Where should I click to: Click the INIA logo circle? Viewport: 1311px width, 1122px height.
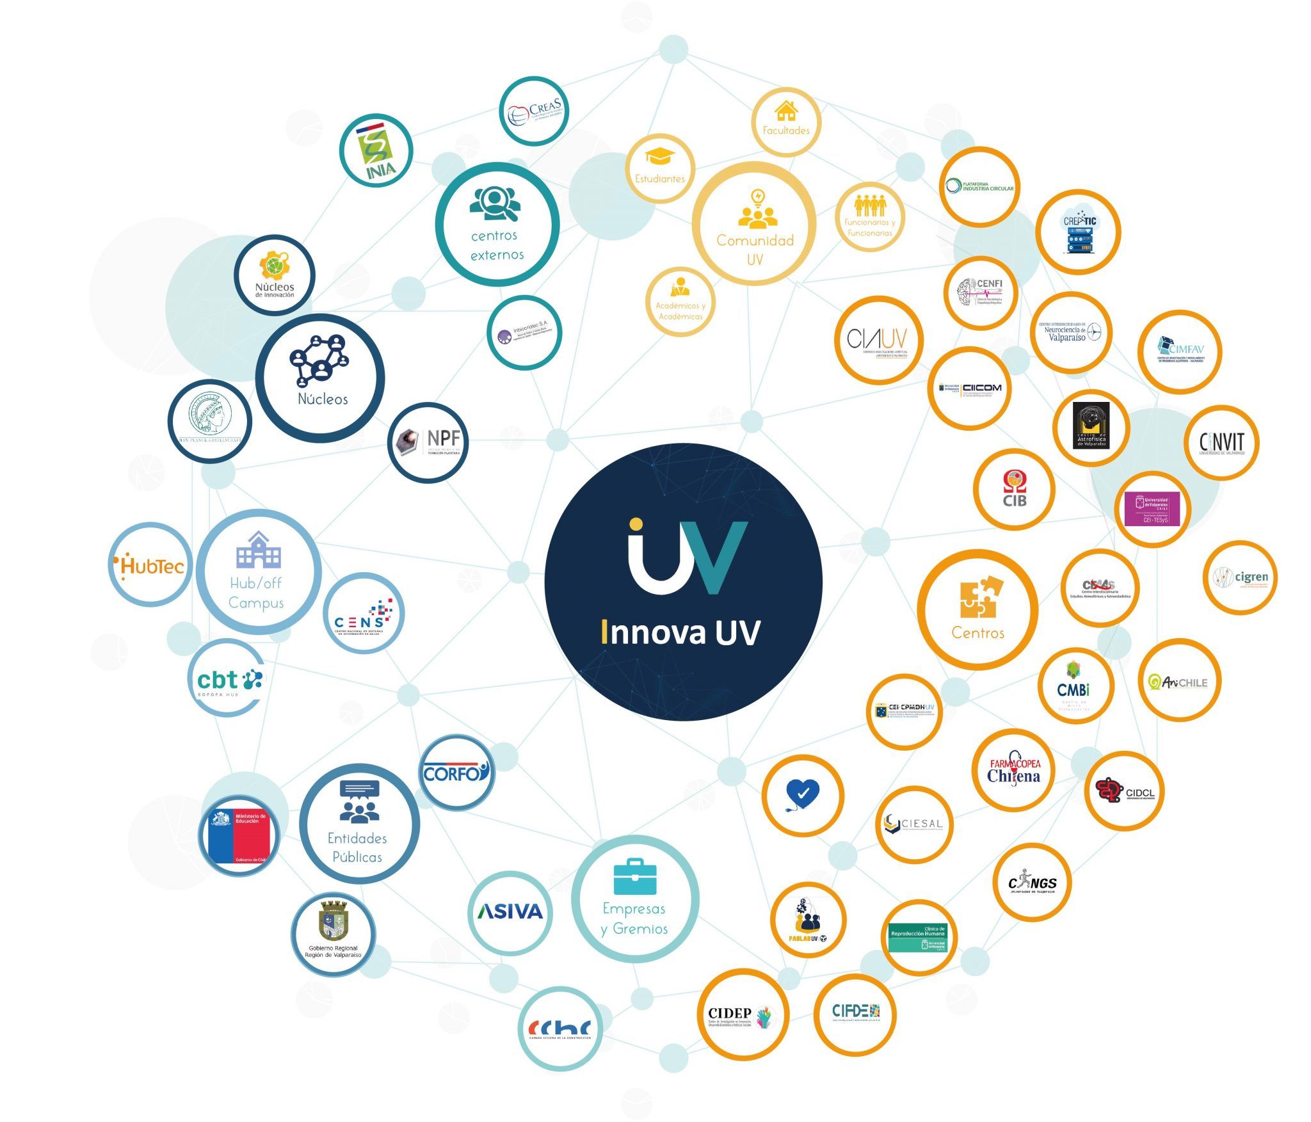pyautogui.click(x=375, y=151)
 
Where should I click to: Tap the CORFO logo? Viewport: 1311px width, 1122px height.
pyautogui.click(x=456, y=773)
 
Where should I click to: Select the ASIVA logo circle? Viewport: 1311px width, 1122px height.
pyautogui.click(x=510, y=911)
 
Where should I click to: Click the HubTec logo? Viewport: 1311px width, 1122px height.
pyautogui.click(x=151, y=565)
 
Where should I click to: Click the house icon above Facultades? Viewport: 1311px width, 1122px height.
pyautogui.click(x=785, y=111)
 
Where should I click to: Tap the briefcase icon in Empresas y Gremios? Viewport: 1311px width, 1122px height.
pyautogui.click(x=634, y=877)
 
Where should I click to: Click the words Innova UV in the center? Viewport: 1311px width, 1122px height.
pyautogui.click(x=681, y=632)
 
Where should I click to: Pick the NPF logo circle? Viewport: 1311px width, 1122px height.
pyautogui.click(x=428, y=442)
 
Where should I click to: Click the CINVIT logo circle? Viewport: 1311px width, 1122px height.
pyautogui.click(x=1222, y=443)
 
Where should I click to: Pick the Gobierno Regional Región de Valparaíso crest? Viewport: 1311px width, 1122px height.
pyautogui.click(x=333, y=922)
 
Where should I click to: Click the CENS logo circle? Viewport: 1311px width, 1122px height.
pyautogui.click(x=364, y=613)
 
